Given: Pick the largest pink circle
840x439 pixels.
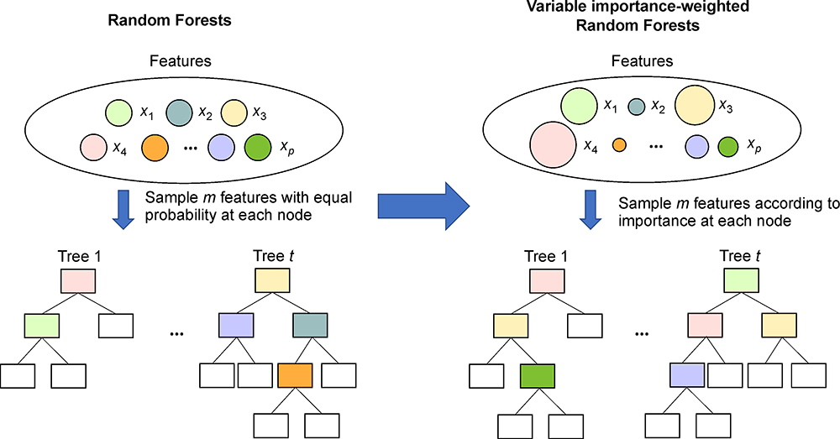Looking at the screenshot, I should point(552,144).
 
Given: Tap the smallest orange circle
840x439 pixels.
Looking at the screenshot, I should point(621,145).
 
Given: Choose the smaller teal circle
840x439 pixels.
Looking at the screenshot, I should point(636,107).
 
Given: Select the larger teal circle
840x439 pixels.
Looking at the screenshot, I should point(180,111).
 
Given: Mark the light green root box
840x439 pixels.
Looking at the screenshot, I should point(743,279).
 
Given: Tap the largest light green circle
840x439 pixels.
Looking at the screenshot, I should point(579,106).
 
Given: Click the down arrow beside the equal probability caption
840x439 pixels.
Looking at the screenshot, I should point(123,209).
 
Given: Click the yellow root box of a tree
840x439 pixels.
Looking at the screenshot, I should point(270,279).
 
